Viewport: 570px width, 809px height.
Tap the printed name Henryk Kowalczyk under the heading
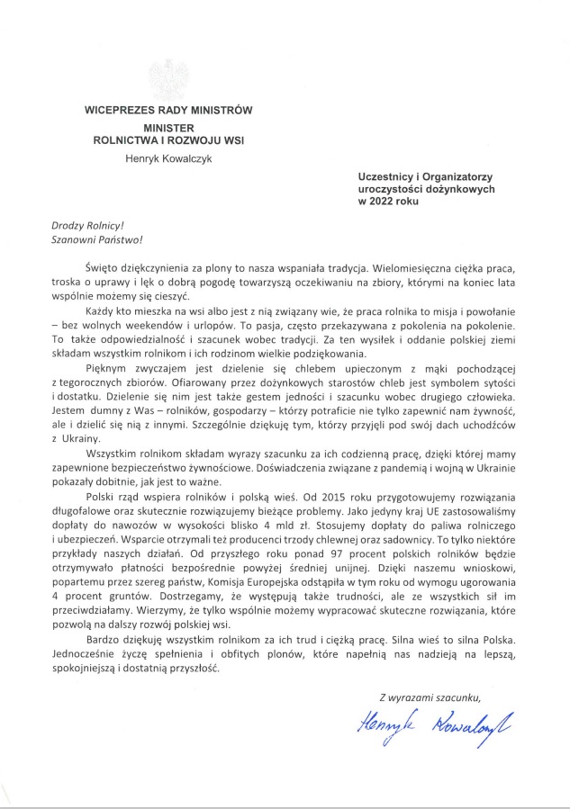pyautogui.click(x=168, y=158)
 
